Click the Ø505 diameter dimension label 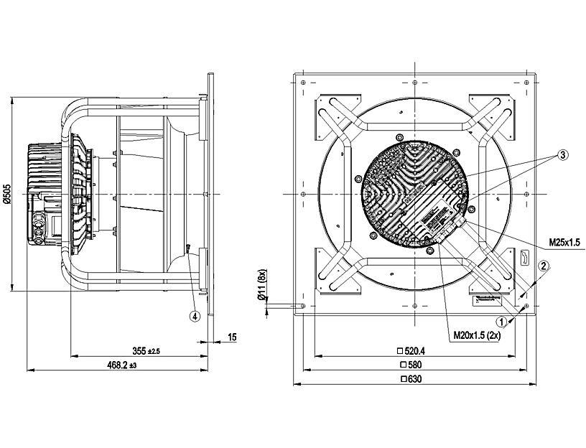tap(7, 194)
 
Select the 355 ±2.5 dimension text tap(146, 351)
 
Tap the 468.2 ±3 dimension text tap(122, 365)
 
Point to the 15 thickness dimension tap(232, 337)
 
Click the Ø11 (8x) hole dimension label tap(262, 284)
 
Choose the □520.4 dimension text tap(411, 350)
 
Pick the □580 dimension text tap(411, 364)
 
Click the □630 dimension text tap(411, 379)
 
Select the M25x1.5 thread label tap(564, 243)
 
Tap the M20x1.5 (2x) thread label tap(477, 335)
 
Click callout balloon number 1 tap(501, 322)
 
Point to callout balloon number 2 tap(544, 266)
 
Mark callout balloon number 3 tap(563, 154)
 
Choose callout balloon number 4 tap(195, 317)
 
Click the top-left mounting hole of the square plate tap(303, 82)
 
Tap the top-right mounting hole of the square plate tap(526, 82)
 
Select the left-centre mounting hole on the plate tap(303, 194)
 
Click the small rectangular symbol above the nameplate tap(524, 258)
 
